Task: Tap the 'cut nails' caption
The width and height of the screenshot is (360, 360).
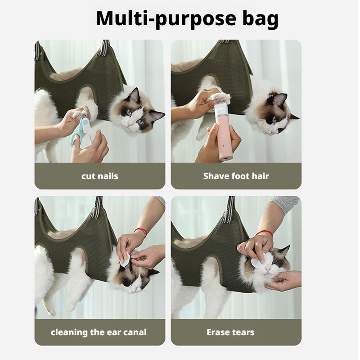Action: [x=99, y=176]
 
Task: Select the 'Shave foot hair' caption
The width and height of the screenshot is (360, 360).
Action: [x=236, y=176]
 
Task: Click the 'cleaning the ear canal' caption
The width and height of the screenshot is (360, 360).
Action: [x=99, y=333]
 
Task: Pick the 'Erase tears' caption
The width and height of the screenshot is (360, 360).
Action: [x=230, y=333]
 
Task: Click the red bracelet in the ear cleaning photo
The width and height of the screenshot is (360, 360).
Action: [x=141, y=232]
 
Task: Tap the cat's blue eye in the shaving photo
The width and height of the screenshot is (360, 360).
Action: [x=274, y=120]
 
